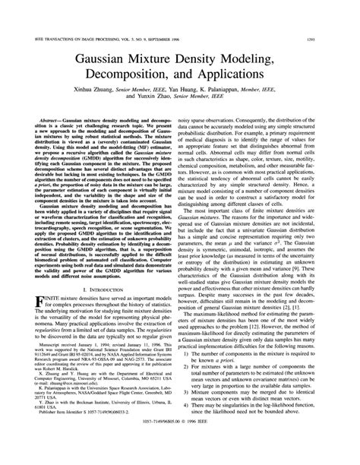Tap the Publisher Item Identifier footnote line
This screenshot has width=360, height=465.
pyautogui.click(x=76, y=429)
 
